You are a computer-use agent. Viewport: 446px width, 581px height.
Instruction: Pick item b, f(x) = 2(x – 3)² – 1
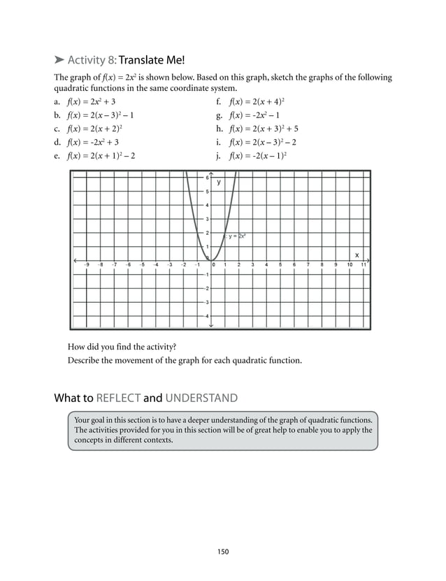[x=101, y=115]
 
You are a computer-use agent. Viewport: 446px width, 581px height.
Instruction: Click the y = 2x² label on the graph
[x=237, y=236]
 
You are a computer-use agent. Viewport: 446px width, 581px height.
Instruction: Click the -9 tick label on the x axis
[x=87, y=266]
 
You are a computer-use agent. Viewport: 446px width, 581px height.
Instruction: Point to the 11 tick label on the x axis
[x=363, y=266]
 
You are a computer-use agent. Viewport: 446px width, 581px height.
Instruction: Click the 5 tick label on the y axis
[x=206, y=191]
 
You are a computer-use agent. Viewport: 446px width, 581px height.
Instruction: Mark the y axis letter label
[x=219, y=182]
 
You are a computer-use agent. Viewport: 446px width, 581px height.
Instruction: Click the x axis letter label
[x=357, y=254]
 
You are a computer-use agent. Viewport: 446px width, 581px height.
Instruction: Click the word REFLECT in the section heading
[x=117, y=398]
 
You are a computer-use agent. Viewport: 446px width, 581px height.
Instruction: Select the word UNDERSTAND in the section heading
[x=201, y=398]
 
